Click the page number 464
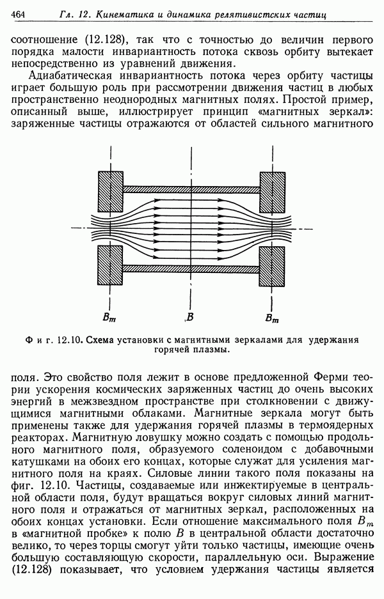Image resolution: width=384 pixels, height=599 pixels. tap(19, 13)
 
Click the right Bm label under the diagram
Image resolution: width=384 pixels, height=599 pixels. tap(271, 317)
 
